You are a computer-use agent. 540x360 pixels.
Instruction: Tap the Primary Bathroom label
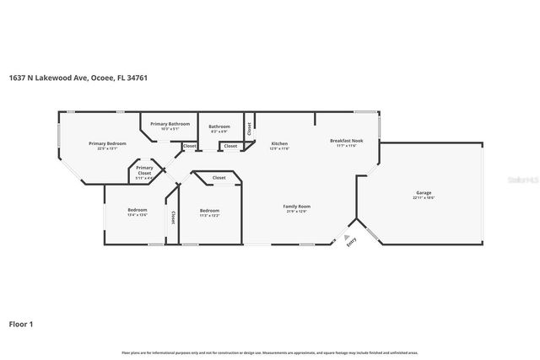pos(170,124)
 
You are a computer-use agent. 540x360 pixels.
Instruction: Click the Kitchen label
pos(279,144)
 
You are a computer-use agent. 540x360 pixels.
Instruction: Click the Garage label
pos(423,193)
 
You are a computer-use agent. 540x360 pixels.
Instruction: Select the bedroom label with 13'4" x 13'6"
pos(137,210)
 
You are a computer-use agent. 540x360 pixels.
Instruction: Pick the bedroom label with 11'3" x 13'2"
pos(209,210)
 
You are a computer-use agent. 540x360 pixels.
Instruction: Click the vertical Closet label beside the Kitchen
pos(250,129)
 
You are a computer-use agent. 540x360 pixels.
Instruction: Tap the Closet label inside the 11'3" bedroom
pos(219,178)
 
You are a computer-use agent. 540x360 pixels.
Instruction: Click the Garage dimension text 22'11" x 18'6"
pos(423,198)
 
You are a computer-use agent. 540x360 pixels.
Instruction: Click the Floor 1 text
pos(21,323)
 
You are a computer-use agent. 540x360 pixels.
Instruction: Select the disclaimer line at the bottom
pos(270,352)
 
